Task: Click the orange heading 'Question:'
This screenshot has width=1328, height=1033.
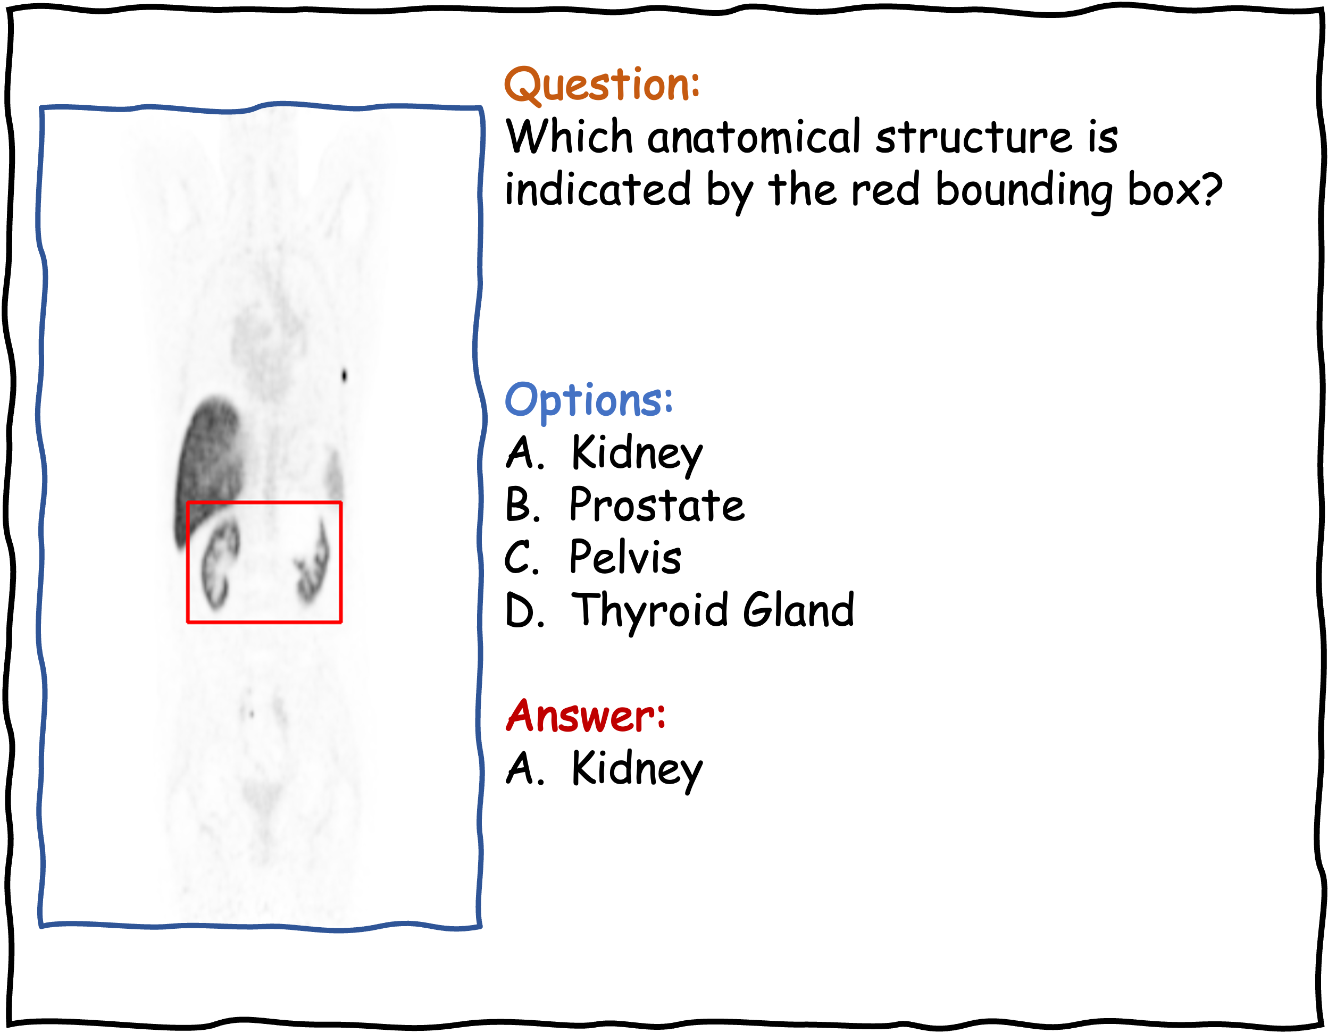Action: (x=602, y=85)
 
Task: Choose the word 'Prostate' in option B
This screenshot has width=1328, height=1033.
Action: (x=657, y=505)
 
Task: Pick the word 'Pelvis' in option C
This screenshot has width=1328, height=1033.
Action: (x=625, y=557)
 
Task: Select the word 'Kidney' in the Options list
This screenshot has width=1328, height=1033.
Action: (x=637, y=454)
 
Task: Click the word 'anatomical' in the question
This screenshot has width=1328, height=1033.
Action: (x=754, y=137)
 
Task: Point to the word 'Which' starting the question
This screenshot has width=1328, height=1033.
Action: (x=570, y=136)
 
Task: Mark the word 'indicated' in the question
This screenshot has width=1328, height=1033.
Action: (x=598, y=189)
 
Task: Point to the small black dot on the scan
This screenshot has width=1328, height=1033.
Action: (x=344, y=375)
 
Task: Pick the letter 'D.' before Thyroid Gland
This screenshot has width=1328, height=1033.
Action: (x=523, y=610)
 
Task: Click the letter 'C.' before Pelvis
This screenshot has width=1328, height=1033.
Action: (x=522, y=558)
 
